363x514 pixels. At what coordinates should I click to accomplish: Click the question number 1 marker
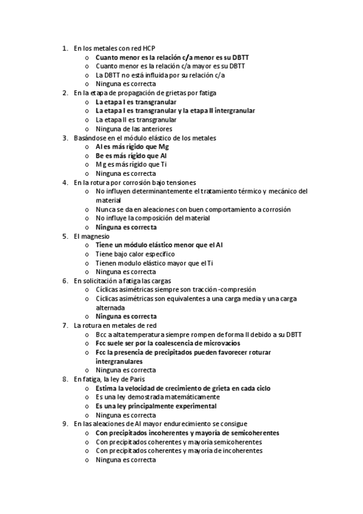(x=65, y=48)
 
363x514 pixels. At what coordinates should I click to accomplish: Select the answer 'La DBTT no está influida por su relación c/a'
(x=160, y=75)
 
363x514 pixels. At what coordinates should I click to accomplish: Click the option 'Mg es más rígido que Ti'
(x=131, y=164)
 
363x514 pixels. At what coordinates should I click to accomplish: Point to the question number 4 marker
(x=65, y=182)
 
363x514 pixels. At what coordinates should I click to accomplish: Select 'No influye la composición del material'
(x=153, y=218)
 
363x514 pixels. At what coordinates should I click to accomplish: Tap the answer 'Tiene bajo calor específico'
(x=135, y=254)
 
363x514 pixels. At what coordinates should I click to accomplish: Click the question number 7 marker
(x=65, y=325)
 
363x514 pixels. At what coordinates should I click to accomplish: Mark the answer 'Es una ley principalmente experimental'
(x=156, y=406)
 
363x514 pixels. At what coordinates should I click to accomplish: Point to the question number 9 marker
(x=65, y=424)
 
